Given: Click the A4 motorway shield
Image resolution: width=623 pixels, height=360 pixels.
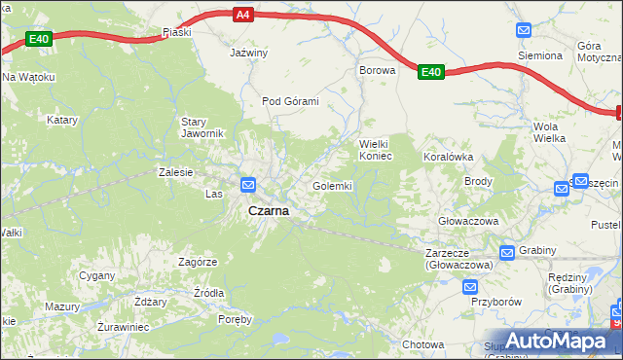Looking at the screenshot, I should coord(242,15).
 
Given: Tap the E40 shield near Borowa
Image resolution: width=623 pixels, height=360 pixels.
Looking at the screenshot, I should coord(431,72).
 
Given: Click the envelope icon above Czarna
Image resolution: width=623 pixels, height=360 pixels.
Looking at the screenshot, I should coord(248,184).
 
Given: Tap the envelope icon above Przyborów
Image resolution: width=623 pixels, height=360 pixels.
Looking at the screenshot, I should coord(470,287).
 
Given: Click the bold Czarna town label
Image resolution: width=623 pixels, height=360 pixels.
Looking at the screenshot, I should coord(268,210).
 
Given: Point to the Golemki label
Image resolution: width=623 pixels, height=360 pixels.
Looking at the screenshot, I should coord(332,186).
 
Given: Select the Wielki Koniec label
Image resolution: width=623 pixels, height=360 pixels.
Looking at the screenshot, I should coord(375,150).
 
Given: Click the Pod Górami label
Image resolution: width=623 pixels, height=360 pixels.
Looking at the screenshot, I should coord(290,101).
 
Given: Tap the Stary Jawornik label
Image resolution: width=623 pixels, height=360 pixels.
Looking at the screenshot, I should coord(202,127).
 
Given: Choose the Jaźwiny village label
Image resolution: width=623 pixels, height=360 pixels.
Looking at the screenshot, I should coord(248,53).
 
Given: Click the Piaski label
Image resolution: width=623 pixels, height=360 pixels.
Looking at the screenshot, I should coord(177,32).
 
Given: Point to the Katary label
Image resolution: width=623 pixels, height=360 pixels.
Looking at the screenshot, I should coord(62,121).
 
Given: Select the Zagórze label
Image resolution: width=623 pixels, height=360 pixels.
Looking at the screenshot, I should coord(198,262).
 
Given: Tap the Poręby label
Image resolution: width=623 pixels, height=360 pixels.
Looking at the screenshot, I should coord(235,319).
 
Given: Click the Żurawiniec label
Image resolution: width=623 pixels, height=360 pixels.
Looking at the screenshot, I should coord(123,327).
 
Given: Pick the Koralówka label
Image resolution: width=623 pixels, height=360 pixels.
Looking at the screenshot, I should coord(448,156).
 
